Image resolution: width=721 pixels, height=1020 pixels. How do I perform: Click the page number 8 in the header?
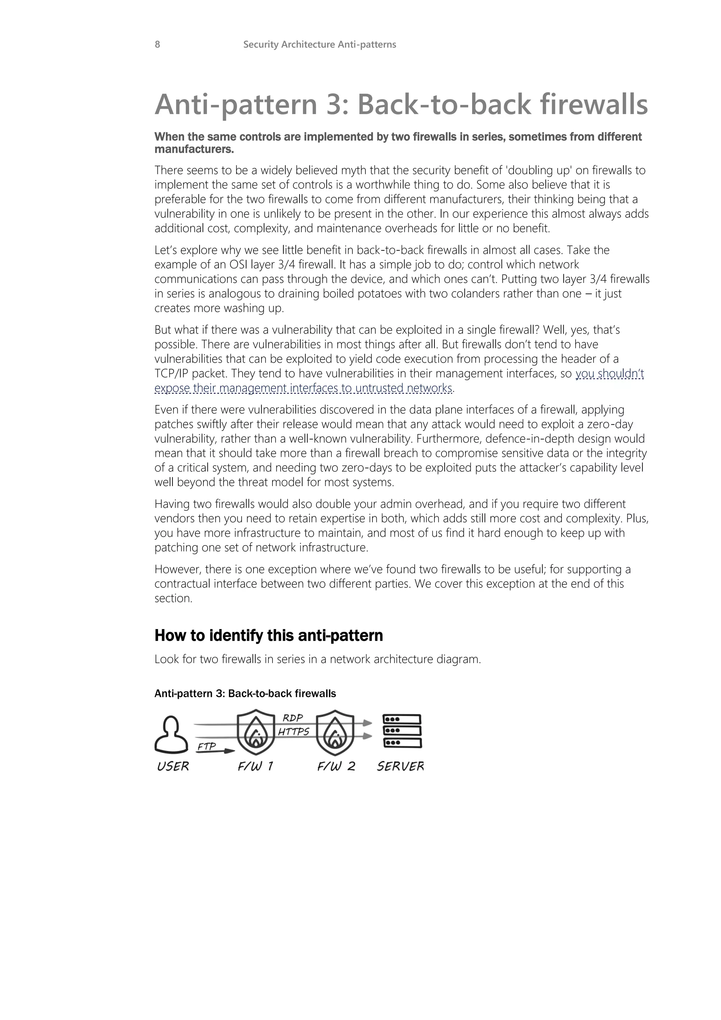click(157, 44)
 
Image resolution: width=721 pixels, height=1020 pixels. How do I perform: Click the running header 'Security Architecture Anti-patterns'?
click(319, 44)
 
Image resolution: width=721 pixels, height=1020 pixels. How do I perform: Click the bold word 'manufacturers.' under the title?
click(194, 149)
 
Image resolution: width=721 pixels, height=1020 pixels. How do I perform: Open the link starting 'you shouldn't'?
click(609, 374)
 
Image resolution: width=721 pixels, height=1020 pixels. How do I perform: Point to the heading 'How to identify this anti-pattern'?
click(268, 636)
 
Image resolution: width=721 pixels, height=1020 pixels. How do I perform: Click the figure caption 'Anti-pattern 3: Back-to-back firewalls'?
click(245, 694)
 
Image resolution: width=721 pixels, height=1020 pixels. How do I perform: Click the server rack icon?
click(402, 731)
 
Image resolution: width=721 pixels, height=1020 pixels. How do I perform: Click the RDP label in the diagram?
click(293, 718)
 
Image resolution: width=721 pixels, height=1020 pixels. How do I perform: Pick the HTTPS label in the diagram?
click(294, 732)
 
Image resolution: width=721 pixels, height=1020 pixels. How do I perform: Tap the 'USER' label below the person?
click(173, 766)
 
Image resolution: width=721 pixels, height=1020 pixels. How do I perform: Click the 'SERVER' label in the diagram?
click(400, 766)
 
